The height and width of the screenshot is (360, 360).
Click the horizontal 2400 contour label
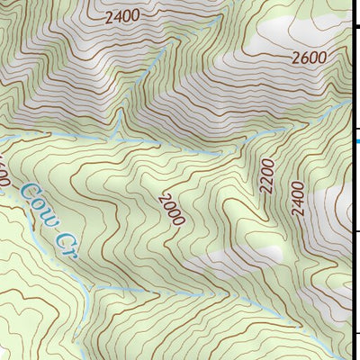122,17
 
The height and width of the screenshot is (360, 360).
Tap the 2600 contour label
308,57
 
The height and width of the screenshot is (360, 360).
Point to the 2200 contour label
265,176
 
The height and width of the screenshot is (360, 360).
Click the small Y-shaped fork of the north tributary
120,117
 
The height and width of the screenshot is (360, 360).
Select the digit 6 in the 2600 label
302,57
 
